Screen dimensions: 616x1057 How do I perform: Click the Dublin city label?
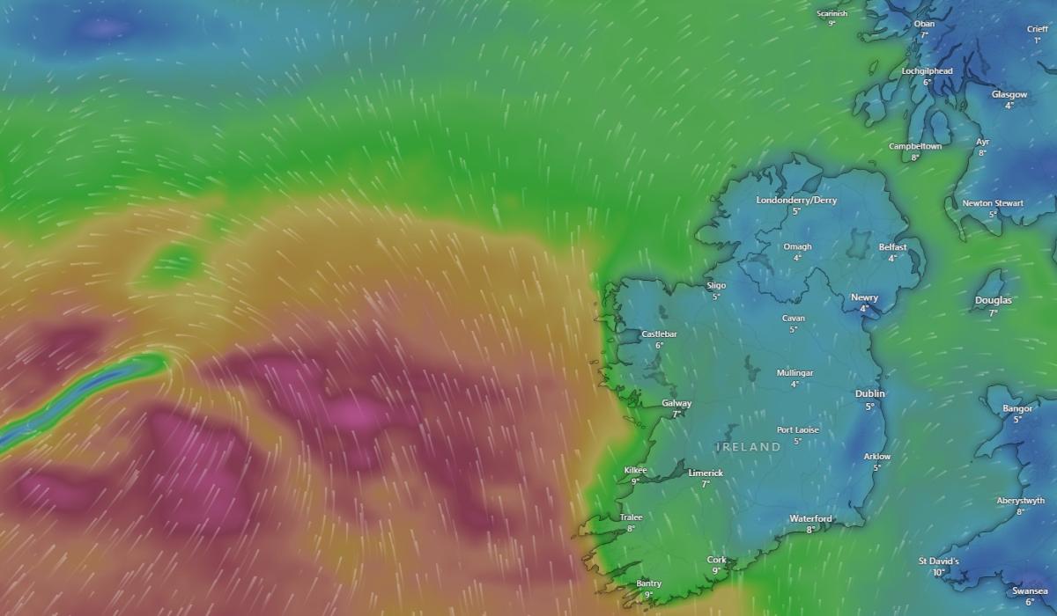coord(869,393)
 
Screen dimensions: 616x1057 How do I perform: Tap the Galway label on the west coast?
coord(676,403)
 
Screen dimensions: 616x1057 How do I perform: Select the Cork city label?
coord(716,560)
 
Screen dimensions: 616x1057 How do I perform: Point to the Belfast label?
coord(892,247)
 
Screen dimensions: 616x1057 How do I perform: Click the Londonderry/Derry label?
coord(796,200)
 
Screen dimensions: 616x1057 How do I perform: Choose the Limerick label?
coord(705,473)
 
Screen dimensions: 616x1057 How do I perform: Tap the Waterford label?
coord(810,518)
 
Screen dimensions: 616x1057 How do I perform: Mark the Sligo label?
coord(716,285)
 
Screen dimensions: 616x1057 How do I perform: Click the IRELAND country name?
coord(748,447)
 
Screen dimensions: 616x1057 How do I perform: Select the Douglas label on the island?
coord(993,300)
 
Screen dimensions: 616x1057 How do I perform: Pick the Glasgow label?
coord(1009,94)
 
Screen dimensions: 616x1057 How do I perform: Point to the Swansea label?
coord(1029,590)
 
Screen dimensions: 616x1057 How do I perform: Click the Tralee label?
coord(631,517)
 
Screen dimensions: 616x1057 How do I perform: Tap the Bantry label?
coord(648,583)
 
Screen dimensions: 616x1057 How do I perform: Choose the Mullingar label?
coord(795,372)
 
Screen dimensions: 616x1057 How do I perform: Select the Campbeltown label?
coord(914,146)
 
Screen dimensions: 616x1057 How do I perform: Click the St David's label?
coord(938,561)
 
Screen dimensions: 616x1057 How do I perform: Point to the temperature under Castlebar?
coord(659,345)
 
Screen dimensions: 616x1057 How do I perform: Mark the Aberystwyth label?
coord(1020,500)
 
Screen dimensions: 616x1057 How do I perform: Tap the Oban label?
coord(924,24)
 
